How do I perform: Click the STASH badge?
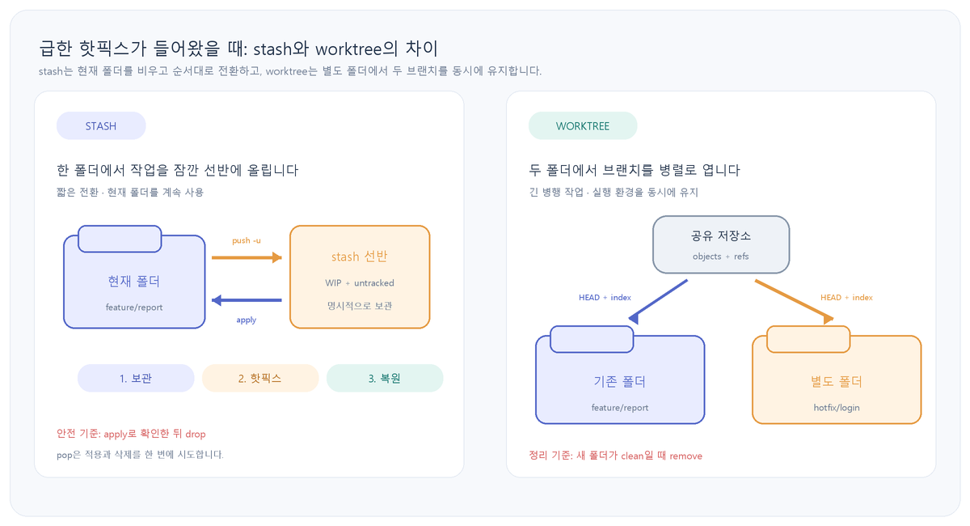tap(101, 125)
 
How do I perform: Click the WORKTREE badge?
tap(583, 125)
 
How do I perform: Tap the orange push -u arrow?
tap(247, 257)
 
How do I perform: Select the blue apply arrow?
tap(247, 299)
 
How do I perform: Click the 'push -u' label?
tap(247, 240)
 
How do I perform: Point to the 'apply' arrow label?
tap(247, 320)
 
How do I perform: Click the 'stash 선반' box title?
tap(360, 257)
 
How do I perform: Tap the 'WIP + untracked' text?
tap(360, 282)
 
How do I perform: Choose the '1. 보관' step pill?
tap(136, 378)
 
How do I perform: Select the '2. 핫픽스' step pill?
tap(260, 378)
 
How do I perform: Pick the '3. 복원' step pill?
tap(385, 378)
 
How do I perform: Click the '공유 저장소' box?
tap(721, 244)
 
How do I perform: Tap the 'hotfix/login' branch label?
tap(837, 408)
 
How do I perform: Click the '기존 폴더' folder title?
tap(620, 382)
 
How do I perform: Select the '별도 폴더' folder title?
tap(837, 382)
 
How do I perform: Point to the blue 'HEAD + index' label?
tap(605, 298)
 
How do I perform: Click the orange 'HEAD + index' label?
tap(846, 298)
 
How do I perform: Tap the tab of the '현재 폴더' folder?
tap(120, 239)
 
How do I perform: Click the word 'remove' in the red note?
tap(686, 456)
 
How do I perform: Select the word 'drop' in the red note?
tap(196, 434)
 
